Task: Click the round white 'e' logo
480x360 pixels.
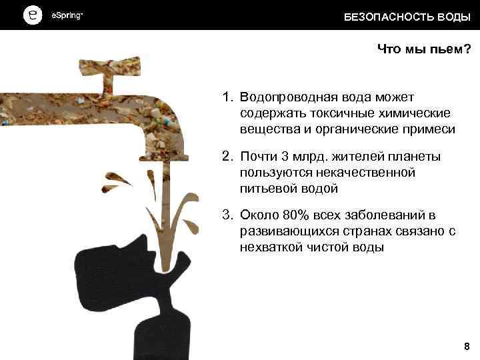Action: click(31, 15)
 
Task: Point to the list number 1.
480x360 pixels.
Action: click(227, 97)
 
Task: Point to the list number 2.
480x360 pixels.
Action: click(227, 157)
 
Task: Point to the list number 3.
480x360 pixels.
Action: click(227, 215)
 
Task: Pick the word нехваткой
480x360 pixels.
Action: click(269, 247)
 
